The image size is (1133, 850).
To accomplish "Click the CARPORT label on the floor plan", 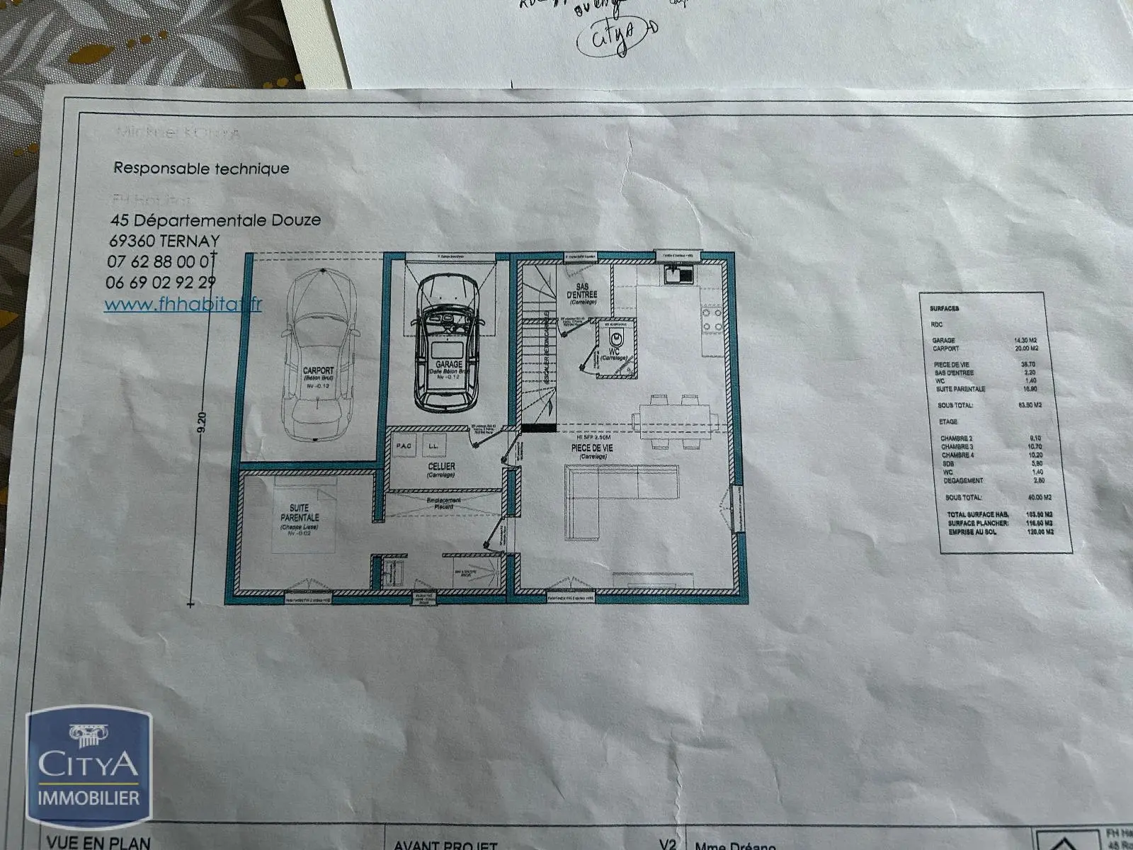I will click(318, 371).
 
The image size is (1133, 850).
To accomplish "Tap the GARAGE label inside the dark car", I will click(444, 363).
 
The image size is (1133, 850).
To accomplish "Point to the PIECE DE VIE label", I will click(593, 448).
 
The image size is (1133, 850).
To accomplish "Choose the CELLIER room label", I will click(441, 467).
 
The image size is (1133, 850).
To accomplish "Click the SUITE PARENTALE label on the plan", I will click(300, 514).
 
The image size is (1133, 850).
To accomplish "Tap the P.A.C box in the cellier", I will click(404, 446).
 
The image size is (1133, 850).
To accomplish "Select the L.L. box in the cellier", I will click(431, 446).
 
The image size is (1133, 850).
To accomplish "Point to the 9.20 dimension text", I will click(202, 423).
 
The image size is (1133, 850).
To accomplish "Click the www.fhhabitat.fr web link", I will click(183, 304).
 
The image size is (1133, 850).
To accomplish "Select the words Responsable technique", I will click(201, 169).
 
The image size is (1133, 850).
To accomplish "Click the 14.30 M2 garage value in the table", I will click(1025, 340).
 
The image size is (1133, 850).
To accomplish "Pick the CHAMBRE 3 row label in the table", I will click(957, 447).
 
